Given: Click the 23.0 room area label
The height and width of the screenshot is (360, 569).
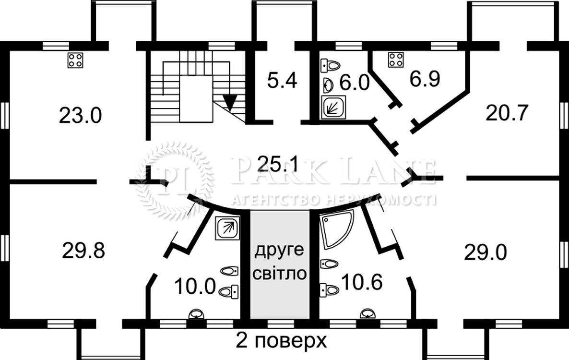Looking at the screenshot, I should click(x=81, y=116).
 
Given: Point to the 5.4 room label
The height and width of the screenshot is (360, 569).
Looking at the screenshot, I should click(x=282, y=80).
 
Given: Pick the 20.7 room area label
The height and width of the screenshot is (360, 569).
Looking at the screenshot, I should click(x=507, y=113).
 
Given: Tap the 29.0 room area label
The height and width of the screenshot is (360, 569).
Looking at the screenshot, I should click(x=485, y=252).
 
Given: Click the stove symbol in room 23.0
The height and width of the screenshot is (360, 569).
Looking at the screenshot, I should click(x=75, y=60).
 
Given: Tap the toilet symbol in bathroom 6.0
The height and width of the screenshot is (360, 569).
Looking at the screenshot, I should click(x=331, y=64).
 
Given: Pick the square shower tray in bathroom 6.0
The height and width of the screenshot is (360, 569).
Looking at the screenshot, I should click(x=333, y=107).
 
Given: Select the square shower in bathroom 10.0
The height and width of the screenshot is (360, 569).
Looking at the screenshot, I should click(x=227, y=227).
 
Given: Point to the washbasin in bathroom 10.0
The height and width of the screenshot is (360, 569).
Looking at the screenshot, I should click(x=196, y=314).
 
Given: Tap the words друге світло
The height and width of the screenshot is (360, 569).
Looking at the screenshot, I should click(x=280, y=262).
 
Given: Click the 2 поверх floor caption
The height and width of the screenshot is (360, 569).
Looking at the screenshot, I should click(x=281, y=341).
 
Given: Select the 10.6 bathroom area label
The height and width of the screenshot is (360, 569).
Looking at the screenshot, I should click(x=362, y=283).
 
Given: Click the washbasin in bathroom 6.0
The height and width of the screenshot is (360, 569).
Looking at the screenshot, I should click(x=328, y=84).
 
